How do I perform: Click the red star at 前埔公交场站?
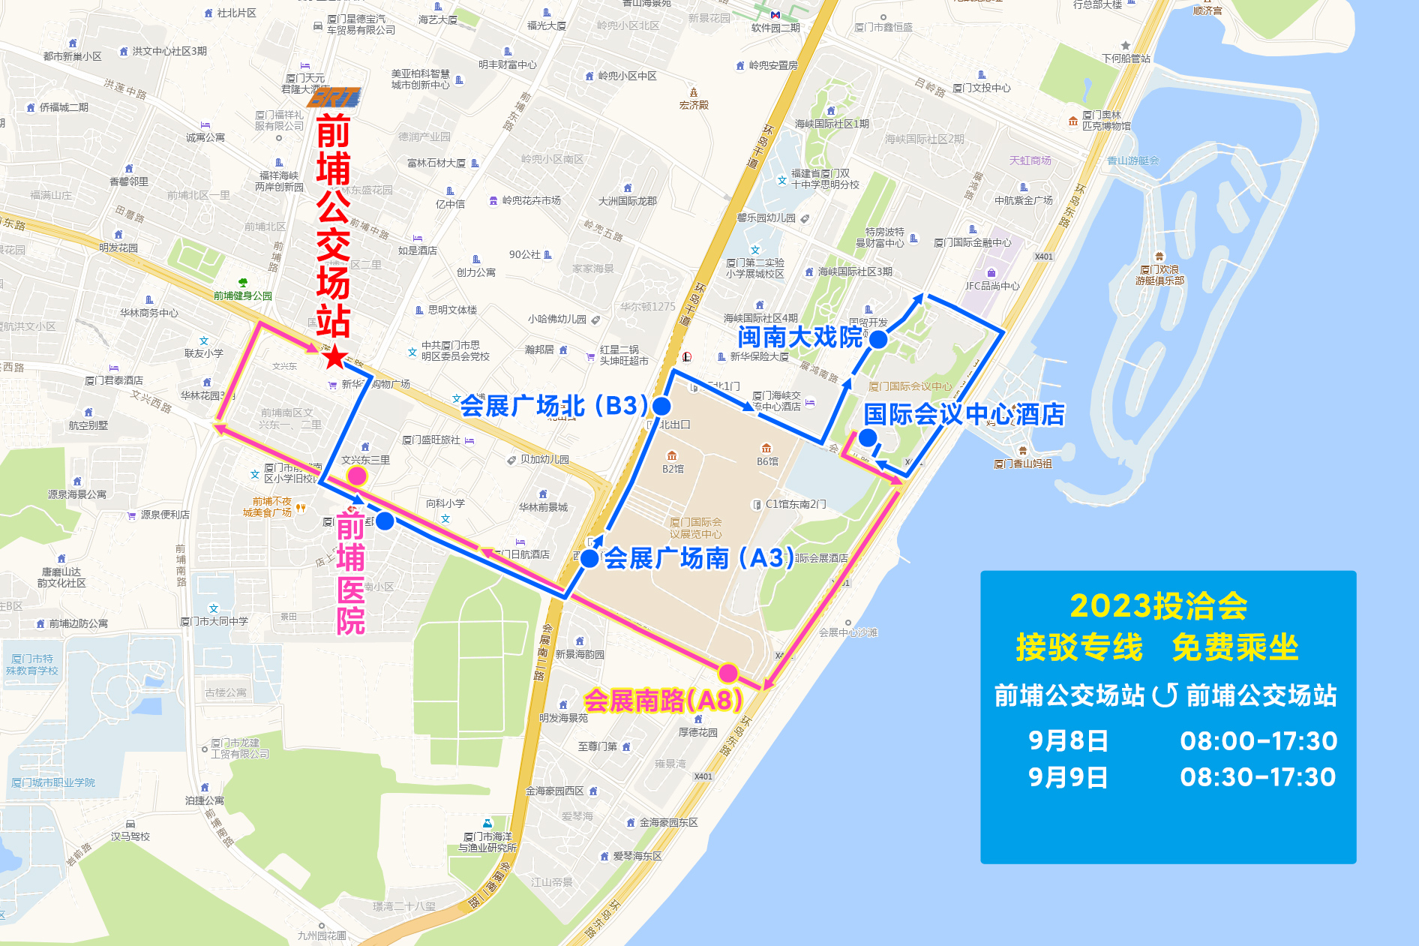334,358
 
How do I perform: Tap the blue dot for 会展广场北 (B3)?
661,406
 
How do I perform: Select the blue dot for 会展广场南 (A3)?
589,558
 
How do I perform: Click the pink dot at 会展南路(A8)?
727,672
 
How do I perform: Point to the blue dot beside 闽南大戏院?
878,340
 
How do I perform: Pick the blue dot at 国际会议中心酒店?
868,437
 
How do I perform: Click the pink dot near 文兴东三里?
357,476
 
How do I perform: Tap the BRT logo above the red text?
334,98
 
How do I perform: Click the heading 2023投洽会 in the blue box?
1158,606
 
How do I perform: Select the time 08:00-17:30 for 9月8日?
1258,741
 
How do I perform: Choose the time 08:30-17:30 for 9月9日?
1258,777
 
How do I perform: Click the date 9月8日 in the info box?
1068,741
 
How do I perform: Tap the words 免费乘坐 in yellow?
1234,647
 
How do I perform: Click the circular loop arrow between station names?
1165,695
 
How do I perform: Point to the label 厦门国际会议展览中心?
696,528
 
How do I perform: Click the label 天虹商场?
1030,161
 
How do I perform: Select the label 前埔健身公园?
242,296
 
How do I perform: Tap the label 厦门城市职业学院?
53,782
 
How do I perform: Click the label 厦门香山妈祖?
1022,464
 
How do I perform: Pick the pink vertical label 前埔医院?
351,573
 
